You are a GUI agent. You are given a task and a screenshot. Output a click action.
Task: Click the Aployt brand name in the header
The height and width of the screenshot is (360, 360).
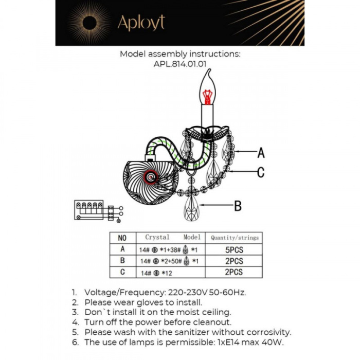[x=141, y=23]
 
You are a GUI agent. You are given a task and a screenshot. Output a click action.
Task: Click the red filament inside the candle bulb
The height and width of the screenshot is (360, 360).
[x=207, y=96]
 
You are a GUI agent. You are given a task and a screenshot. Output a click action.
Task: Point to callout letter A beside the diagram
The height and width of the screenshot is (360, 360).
[x=261, y=153]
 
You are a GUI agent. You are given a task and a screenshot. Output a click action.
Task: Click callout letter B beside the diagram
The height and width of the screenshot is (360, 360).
[x=238, y=206]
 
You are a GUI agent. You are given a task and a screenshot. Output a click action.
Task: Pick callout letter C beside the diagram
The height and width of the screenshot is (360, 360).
[x=261, y=172]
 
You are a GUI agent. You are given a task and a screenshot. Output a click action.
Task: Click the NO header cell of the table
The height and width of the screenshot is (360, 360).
[x=122, y=238]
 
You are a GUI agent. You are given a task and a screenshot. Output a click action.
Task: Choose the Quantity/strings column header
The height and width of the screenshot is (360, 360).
[x=235, y=238]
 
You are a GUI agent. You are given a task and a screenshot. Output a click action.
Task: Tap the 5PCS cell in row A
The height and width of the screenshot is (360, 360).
[x=234, y=249]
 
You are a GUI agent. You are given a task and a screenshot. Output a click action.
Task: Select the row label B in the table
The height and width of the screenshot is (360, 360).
[x=122, y=261]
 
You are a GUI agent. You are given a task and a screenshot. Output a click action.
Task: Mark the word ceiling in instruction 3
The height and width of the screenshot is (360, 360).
[x=214, y=312]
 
